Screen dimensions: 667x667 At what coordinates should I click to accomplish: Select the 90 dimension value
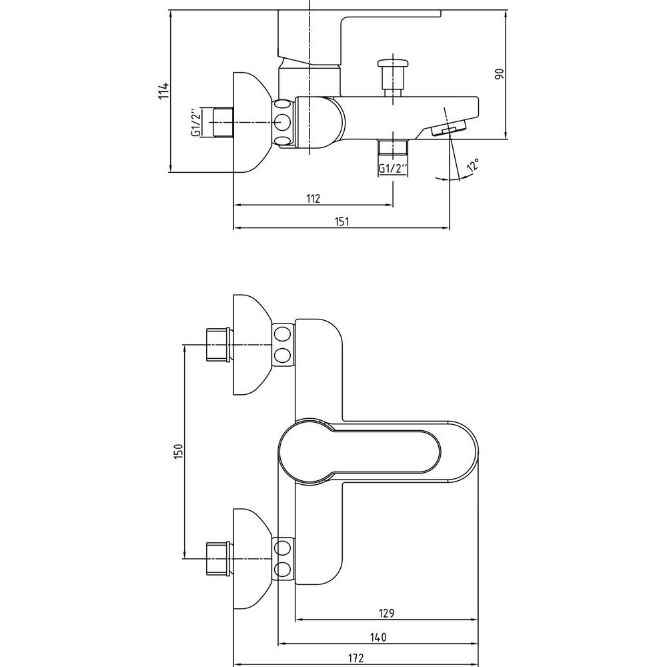[496, 74]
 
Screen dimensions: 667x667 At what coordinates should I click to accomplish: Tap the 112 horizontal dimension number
[313, 198]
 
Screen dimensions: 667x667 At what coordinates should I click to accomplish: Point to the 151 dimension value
[342, 222]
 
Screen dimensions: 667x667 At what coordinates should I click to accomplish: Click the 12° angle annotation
[473, 166]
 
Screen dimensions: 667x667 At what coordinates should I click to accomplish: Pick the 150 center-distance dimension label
[177, 451]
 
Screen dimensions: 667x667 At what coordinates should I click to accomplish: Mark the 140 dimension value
[378, 637]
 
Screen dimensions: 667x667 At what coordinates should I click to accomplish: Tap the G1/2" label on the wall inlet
[196, 123]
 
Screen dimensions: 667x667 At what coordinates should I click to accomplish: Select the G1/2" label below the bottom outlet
[392, 169]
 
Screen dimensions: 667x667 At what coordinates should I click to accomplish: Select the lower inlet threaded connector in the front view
[218, 559]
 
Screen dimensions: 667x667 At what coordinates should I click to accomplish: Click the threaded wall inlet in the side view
[220, 123]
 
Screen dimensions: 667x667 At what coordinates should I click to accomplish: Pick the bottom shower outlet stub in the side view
[392, 147]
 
